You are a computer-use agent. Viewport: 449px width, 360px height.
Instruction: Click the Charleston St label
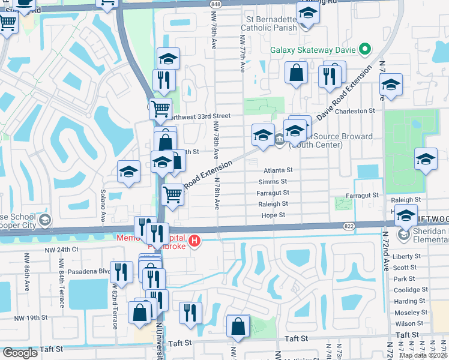click(x=354, y=111)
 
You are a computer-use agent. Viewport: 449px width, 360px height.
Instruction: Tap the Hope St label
click(x=273, y=215)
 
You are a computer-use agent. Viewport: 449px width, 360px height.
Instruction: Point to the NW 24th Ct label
click(x=62, y=249)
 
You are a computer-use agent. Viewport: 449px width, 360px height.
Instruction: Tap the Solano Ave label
click(x=103, y=205)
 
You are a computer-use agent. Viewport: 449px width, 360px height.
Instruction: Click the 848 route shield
click(x=216, y=4)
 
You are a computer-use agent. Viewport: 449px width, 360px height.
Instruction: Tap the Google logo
click(x=20, y=353)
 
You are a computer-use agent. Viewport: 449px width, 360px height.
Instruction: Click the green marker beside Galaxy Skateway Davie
click(x=363, y=50)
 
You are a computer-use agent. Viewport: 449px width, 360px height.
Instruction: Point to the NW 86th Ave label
click(x=26, y=272)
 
